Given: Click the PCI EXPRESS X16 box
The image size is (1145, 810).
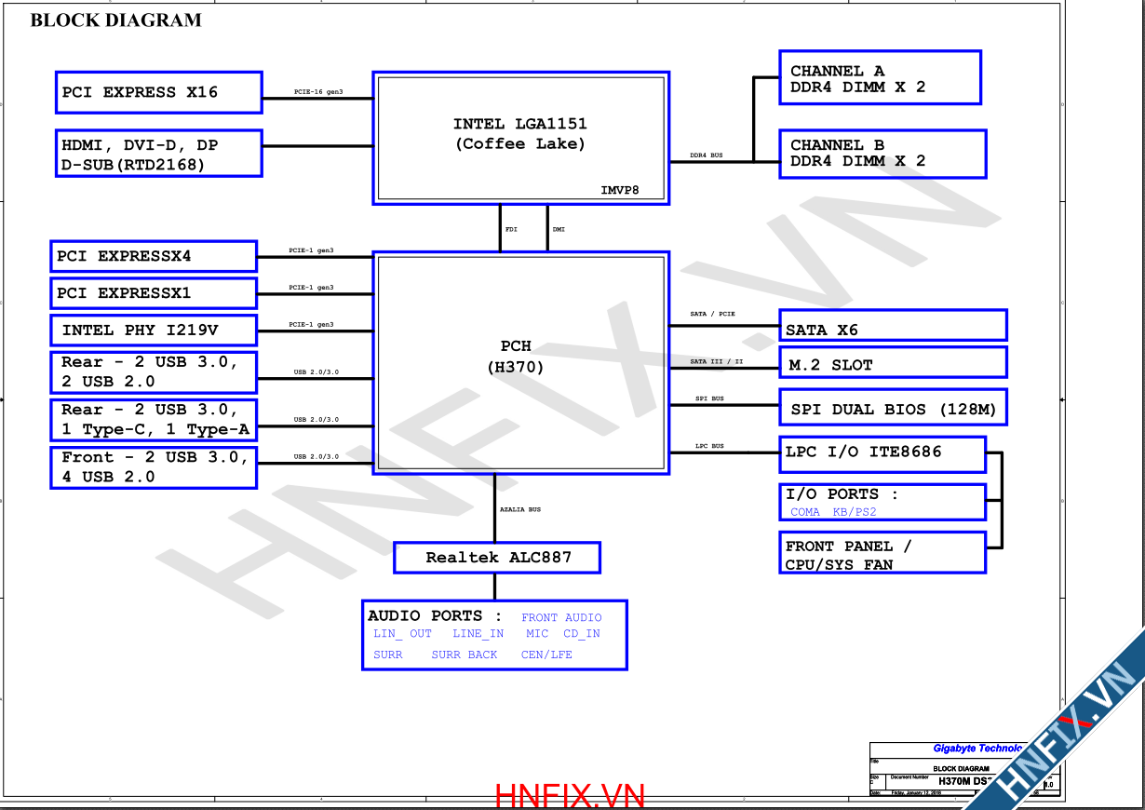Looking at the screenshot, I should click(x=158, y=92).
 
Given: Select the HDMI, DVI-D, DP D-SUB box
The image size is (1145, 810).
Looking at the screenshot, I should click(x=158, y=154).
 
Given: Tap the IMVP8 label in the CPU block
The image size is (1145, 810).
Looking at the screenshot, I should click(x=619, y=190).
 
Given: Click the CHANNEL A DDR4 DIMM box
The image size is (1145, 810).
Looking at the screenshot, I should click(x=880, y=78).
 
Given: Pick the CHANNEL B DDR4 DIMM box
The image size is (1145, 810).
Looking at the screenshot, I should click(x=882, y=154).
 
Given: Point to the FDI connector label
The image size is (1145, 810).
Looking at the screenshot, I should click(x=511, y=228).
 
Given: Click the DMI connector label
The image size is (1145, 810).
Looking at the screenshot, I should click(x=559, y=228).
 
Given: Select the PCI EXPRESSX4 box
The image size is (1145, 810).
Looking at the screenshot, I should click(x=153, y=256).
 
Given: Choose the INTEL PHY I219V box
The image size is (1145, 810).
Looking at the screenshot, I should click(x=153, y=330).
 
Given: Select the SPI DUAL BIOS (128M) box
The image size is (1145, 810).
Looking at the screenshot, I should click(x=893, y=409).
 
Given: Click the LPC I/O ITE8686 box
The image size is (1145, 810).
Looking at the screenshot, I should click(x=882, y=452).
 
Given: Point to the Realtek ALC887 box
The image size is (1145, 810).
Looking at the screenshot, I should click(x=497, y=558).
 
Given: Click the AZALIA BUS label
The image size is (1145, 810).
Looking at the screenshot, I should click(x=519, y=509).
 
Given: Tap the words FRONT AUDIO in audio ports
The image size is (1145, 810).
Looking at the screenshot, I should click(x=561, y=617).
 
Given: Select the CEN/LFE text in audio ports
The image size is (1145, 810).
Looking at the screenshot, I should click(x=546, y=655).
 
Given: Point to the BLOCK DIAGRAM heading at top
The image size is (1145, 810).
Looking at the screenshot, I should click(x=115, y=20).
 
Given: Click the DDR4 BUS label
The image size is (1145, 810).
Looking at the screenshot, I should click(x=706, y=155).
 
